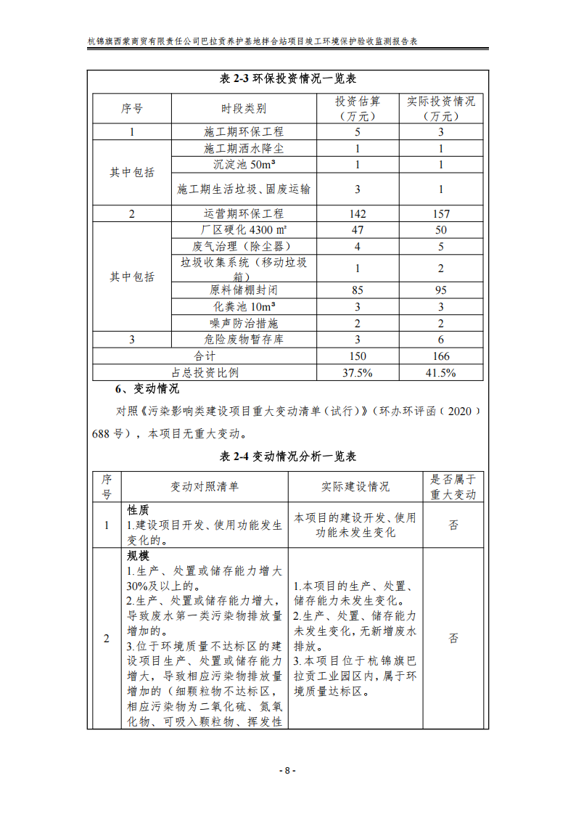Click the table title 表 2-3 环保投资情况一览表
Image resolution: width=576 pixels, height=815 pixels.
[287, 79]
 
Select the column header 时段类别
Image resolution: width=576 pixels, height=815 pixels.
[243, 108]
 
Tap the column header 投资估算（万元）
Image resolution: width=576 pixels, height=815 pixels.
[357, 108]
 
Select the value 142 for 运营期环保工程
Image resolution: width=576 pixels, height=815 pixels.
[357, 214]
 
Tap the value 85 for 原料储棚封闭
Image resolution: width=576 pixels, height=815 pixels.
[357, 290]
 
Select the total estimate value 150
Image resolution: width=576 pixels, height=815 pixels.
[357, 356]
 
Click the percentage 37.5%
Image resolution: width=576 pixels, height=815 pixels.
[357, 373]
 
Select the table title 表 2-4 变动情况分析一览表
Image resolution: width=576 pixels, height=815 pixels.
[287, 456]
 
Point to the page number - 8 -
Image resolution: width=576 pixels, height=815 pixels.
[287, 771]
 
